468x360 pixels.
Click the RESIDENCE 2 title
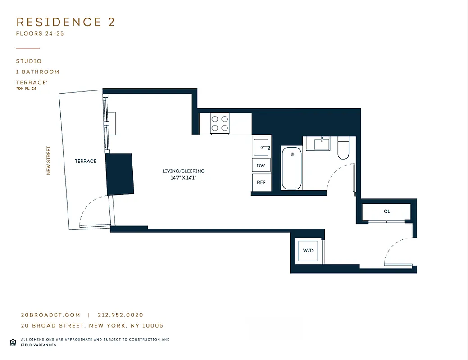[66, 22]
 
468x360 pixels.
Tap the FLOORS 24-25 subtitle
[40, 34]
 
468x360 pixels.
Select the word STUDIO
[29, 61]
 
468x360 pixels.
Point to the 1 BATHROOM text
[37, 72]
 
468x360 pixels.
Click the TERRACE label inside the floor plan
[86, 161]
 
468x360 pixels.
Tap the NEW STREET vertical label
[49, 161]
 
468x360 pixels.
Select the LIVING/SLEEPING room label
[184, 171]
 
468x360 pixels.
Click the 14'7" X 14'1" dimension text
[184, 178]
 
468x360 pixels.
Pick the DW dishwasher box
[261, 166]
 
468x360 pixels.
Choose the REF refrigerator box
[261, 182]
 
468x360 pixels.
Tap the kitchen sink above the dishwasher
[262, 147]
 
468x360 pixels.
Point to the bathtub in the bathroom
[292, 168]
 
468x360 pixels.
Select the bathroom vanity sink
[322, 144]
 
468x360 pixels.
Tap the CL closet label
[387, 211]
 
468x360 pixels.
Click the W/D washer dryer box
[308, 251]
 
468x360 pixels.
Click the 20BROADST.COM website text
[50, 315]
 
